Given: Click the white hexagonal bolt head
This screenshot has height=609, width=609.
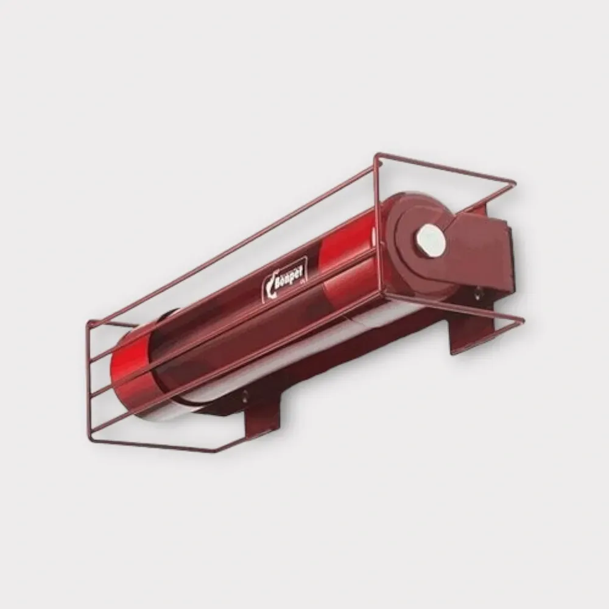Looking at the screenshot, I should pos(432,239).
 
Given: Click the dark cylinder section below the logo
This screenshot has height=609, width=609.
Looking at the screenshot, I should pos(244,341).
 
